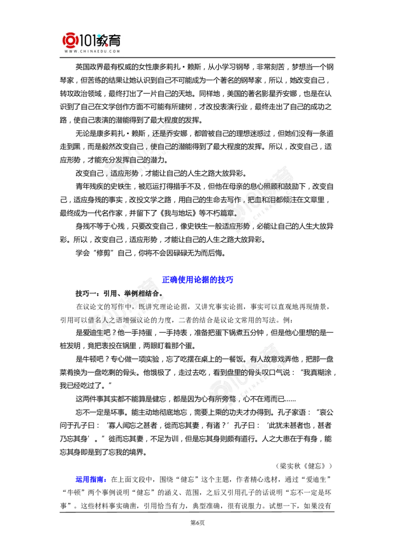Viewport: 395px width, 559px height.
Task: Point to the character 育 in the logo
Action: (x=115, y=40)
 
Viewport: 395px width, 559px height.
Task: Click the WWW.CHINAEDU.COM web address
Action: (x=92, y=51)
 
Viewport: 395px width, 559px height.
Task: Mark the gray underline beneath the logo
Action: (x=92, y=58)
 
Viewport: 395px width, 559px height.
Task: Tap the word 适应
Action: (x=121, y=174)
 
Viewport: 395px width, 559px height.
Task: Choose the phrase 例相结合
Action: (x=143, y=294)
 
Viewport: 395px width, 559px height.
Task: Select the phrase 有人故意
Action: (x=266, y=359)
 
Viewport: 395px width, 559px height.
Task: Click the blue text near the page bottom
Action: (x=90, y=479)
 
